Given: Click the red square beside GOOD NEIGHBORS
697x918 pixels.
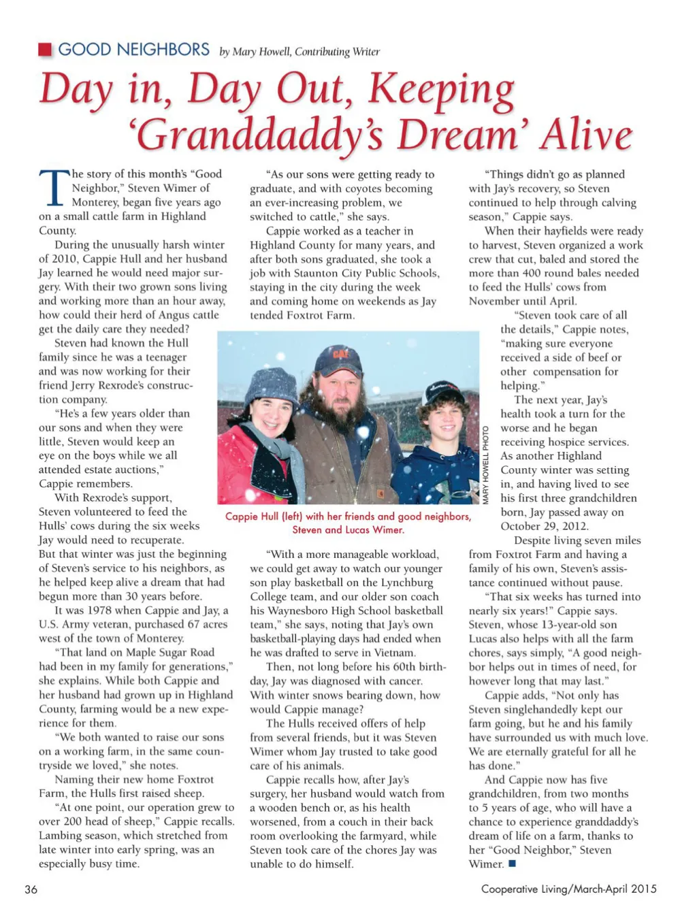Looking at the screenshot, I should (45, 50).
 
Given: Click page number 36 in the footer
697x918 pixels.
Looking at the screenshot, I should (31, 889).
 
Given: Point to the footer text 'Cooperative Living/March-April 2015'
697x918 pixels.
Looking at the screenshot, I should (568, 889).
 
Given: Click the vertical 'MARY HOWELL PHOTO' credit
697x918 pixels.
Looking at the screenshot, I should (485, 465).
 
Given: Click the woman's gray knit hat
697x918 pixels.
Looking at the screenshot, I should (272, 386).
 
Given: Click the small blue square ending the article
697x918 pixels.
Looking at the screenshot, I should (512, 864).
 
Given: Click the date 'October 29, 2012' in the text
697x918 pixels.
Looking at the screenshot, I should (545, 526).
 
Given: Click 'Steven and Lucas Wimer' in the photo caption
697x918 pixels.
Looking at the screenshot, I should (348, 529).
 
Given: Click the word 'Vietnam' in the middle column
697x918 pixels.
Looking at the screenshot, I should (394, 653).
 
